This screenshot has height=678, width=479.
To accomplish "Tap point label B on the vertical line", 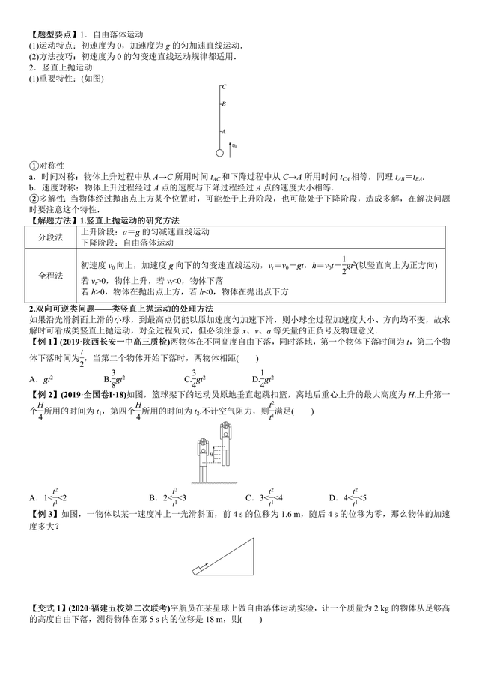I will point(224,105).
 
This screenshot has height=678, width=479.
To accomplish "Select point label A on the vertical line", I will point(224,132).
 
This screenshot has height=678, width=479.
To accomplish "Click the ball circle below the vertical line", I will point(220,152).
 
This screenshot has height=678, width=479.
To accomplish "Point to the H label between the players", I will point(213,454).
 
